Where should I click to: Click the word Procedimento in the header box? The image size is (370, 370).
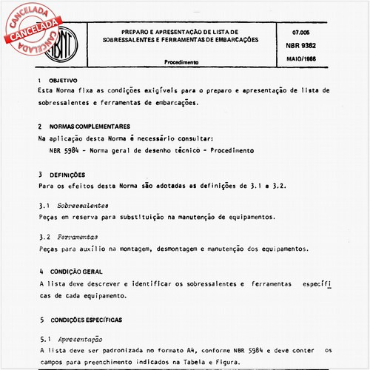coord(186,63)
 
